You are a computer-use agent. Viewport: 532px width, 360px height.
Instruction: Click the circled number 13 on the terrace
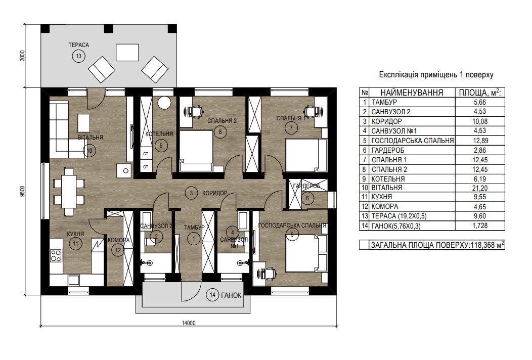coord(79,56)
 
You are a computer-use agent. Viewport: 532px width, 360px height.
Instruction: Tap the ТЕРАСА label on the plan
coord(79,45)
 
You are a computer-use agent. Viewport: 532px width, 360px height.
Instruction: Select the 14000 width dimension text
coord(189,323)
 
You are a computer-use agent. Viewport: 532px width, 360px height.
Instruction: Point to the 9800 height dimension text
coord(22,191)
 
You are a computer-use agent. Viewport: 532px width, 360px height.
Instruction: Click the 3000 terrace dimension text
coord(22,55)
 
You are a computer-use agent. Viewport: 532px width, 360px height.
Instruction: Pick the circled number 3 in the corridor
coord(191,193)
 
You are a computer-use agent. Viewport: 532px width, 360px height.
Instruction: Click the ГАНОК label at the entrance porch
coord(231,295)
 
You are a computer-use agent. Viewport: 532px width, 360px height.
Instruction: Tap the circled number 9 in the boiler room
coord(161,146)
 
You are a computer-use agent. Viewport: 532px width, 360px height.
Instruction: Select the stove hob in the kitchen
coord(56,256)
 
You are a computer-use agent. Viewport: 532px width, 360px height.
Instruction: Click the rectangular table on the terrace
coord(127,52)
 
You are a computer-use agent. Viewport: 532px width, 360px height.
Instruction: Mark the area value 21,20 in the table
coord(480,188)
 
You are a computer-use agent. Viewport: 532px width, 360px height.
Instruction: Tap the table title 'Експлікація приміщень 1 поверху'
coord(436,75)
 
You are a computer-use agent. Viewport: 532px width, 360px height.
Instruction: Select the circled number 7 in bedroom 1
coord(291,128)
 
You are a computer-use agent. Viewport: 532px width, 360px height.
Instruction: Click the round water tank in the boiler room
coord(164,103)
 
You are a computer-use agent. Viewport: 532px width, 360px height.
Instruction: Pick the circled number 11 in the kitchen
coord(76,243)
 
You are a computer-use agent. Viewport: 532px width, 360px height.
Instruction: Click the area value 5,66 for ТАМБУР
coord(480,102)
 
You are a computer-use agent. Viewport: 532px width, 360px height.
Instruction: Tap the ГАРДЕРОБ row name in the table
coord(388,150)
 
